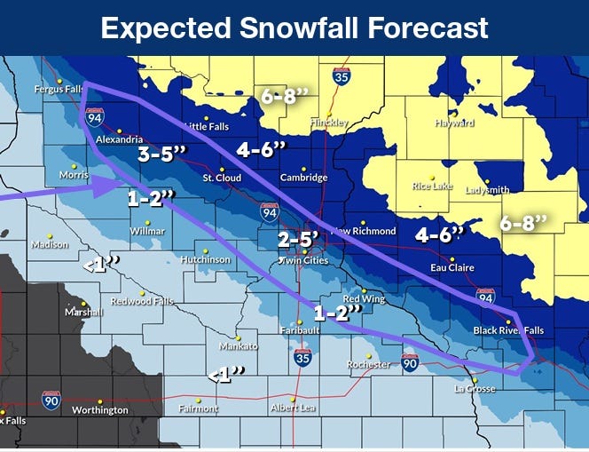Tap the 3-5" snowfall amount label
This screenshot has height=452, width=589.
(x=162, y=154)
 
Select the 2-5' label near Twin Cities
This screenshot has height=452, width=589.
(x=297, y=239)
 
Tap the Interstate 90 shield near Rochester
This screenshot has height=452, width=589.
(x=409, y=361)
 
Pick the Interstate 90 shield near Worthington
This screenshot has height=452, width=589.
(x=51, y=400)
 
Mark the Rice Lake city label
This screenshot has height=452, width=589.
(x=433, y=186)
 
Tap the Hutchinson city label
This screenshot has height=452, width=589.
(x=205, y=259)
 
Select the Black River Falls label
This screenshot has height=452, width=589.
(x=508, y=330)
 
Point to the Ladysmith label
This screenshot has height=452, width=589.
(x=488, y=190)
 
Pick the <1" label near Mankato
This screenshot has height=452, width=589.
(x=226, y=376)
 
